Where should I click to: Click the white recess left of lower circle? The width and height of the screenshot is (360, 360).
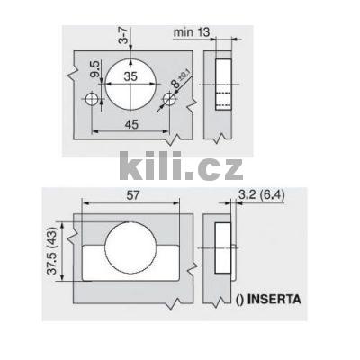(x=94, y=256)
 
